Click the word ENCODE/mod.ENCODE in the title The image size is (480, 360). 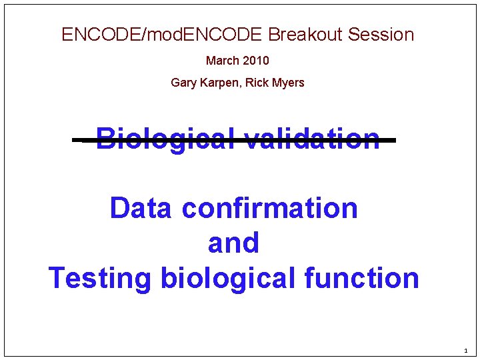click(163, 35)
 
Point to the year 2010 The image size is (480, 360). click(256, 61)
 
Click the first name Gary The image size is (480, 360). click(183, 83)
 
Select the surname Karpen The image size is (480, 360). click(217, 83)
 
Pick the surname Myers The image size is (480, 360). click(287, 83)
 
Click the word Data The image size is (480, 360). click(141, 208)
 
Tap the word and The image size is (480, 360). click(233, 243)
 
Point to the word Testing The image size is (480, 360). click(100, 278)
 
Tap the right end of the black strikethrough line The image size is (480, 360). click(394, 141)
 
